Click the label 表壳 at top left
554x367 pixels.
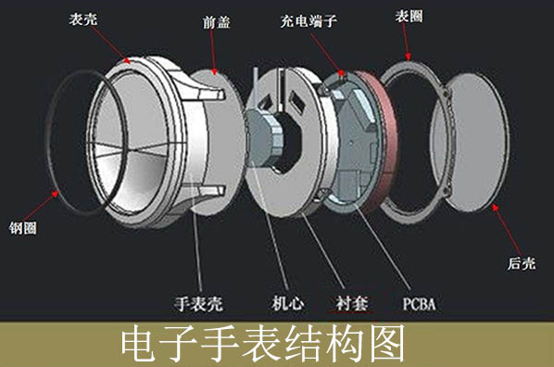click(80, 19)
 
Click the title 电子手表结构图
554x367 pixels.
click(264, 346)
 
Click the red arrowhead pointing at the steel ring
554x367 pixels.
click(57, 195)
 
